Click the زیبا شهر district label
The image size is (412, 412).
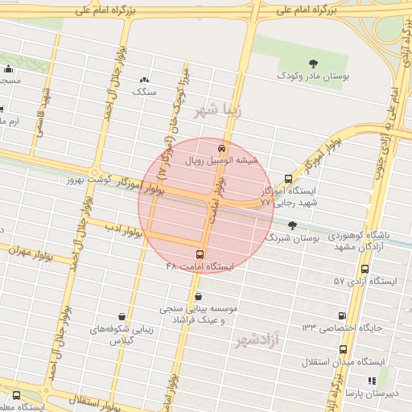[218, 109]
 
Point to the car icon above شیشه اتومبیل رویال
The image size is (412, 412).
[221, 148]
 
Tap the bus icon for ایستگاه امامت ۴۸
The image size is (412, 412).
[200, 254]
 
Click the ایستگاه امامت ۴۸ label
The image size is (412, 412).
[199, 266]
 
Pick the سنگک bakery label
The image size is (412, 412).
[144, 92]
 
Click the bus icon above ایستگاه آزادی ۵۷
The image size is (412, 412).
[365, 270]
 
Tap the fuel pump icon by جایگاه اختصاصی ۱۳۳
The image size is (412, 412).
[344, 315]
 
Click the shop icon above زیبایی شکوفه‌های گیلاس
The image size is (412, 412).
[121, 316]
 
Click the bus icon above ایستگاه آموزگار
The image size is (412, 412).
[288, 179]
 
